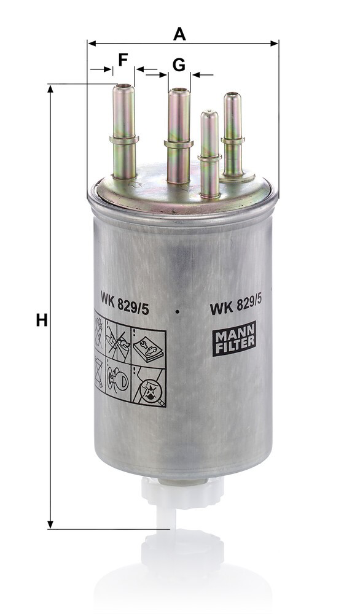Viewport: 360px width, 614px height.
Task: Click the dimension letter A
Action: (179, 34)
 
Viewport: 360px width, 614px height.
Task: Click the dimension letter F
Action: (123, 60)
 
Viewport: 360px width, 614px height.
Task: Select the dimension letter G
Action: (179, 64)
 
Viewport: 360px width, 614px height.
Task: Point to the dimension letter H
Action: (42, 320)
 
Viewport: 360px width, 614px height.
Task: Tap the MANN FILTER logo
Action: (234, 338)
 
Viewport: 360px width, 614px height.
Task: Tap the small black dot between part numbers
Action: (178, 312)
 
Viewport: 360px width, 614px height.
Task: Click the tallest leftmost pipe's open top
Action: (123, 86)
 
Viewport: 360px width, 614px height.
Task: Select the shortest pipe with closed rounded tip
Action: (209, 154)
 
